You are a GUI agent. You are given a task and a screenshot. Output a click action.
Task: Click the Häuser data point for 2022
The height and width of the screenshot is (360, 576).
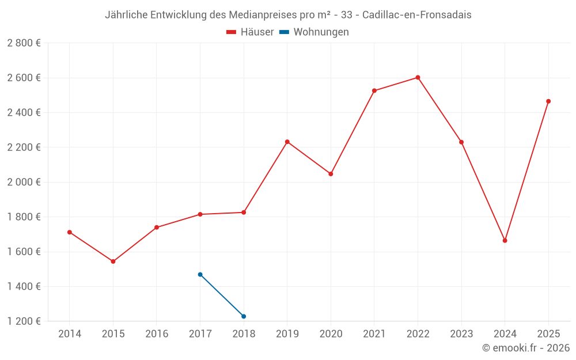(x=418, y=78)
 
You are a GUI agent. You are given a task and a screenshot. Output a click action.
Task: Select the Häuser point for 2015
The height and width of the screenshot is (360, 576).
(x=113, y=262)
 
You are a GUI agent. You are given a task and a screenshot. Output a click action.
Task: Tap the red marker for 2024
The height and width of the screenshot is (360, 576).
(x=505, y=241)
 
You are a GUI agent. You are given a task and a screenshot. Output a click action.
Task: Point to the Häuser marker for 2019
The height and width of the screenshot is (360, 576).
(x=287, y=142)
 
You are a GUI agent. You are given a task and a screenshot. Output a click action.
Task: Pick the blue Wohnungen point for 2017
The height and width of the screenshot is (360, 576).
(x=200, y=275)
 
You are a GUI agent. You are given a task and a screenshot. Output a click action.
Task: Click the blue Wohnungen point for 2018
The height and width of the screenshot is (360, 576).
(x=244, y=316)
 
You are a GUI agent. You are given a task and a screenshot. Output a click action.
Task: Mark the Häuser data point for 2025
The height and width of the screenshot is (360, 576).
(x=548, y=101)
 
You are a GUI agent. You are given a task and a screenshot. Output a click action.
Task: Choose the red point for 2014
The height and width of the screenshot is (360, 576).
(x=70, y=232)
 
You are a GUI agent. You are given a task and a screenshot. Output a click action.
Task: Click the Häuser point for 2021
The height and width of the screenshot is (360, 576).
(x=374, y=91)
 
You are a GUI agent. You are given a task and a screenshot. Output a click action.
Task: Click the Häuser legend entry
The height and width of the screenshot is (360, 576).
(x=250, y=32)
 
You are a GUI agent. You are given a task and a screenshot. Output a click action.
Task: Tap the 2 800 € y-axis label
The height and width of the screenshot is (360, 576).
(x=24, y=43)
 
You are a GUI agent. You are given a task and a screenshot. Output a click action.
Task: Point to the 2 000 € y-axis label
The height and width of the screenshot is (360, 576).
(x=24, y=182)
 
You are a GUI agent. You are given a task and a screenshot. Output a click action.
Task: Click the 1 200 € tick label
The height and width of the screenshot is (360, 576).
(x=24, y=321)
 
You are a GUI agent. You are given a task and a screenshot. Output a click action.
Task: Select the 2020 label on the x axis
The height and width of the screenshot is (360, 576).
(x=331, y=334)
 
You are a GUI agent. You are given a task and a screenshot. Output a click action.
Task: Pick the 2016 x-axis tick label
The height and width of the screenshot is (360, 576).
(x=157, y=334)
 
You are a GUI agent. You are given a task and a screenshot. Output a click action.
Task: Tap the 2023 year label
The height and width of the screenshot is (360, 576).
(x=461, y=334)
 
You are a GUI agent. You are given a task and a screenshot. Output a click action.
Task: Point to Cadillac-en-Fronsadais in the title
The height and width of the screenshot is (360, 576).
(x=417, y=15)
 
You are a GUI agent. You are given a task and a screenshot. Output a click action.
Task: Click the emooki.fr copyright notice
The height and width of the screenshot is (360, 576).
(x=526, y=348)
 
